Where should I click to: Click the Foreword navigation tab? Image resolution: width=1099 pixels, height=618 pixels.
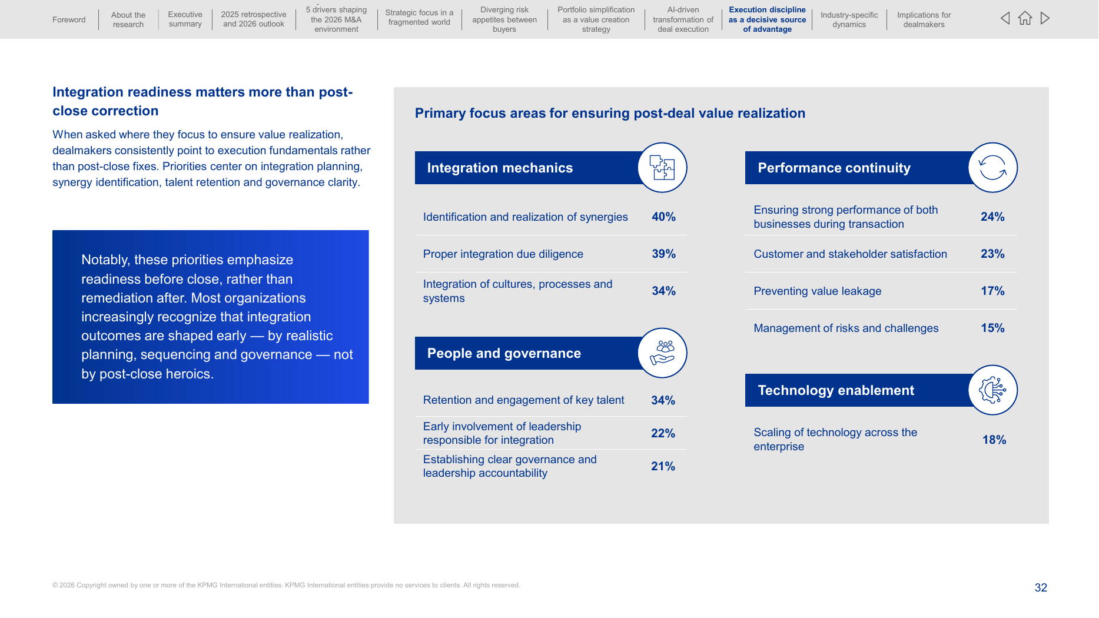click(69, 19)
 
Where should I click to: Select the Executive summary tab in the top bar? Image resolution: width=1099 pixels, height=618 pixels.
click(185, 19)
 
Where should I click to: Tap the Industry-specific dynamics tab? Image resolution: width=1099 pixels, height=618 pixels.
click(849, 19)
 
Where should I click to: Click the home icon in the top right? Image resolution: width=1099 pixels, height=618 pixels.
click(1025, 18)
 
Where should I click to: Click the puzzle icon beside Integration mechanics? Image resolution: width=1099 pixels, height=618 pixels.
click(662, 167)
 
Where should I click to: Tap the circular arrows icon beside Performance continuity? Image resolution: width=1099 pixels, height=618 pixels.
click(992, 167)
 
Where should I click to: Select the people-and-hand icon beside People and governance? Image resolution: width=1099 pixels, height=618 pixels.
click(662, 353)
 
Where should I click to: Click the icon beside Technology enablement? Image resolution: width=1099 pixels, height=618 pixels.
click(992, 390)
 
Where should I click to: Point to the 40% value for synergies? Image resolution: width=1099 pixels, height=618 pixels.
click(663, 217)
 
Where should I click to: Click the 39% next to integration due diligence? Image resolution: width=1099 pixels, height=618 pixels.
click(663, 254)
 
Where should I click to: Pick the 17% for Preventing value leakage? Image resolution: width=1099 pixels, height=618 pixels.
click(992, 291)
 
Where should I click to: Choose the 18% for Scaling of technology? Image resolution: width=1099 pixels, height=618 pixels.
click(994, 440)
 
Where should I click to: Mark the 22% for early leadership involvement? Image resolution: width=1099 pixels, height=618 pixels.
click(663, 433)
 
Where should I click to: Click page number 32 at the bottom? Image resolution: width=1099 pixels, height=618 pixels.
click(1041, 587)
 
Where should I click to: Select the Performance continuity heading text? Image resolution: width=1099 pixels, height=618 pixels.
click(834, 168)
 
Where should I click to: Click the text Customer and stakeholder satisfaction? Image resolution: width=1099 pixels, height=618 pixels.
click(850, 254)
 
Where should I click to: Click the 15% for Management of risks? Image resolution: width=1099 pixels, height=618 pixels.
click(992, 328)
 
